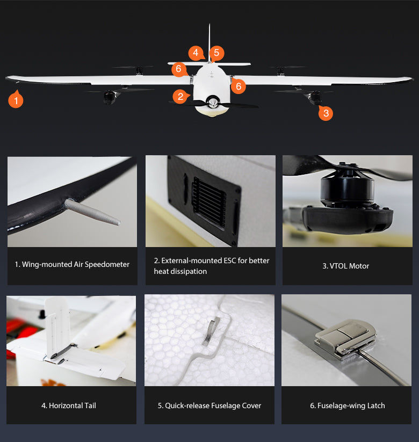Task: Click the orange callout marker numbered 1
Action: [x=16, y=100]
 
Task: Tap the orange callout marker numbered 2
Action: [x=180, y=97]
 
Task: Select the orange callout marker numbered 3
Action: [x=326, y=113]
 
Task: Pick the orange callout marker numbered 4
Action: [x=196, y=53]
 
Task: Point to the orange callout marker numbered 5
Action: [x=216, y=53]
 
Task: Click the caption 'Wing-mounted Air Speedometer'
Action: [x=76, y=264]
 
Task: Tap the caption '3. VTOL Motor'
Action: [x=346, y=266]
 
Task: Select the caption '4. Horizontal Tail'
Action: [x=69, y=405]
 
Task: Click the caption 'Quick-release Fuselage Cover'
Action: [x=213, y=405]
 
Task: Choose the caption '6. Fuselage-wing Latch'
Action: [x=348, y=405]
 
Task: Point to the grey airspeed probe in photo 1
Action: [x=92, y=212]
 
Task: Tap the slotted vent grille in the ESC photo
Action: [x=208, y=202]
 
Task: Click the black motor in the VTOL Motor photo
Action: [x=347, y=187]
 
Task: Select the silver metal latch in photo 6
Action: [x=346, y=339]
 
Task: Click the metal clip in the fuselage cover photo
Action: [x=212, y=330]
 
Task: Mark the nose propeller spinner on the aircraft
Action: [x=213, y=102]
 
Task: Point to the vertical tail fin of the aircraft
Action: [x=209, y=42]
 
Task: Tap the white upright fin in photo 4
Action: [x=57, y=327]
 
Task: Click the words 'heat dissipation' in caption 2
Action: [x=180, y=271]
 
